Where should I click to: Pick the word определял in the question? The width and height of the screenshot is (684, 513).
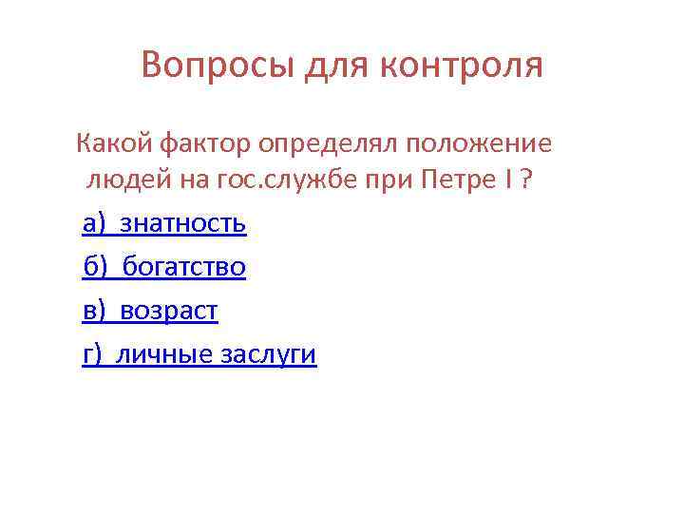pos(329,144)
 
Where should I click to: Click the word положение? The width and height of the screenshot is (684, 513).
pos(479,144)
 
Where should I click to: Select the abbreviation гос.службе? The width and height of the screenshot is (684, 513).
pos(295,180)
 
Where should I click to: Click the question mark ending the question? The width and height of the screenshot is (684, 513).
pos(524,180)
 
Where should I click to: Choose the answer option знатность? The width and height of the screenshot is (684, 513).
pos(183,223)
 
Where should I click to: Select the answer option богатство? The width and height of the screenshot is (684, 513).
pos(184,267)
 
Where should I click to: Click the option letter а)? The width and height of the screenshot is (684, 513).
pos(96,223)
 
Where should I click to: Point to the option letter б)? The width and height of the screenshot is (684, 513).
pos(96,267)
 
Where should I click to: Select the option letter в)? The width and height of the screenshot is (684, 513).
pos(96,311)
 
